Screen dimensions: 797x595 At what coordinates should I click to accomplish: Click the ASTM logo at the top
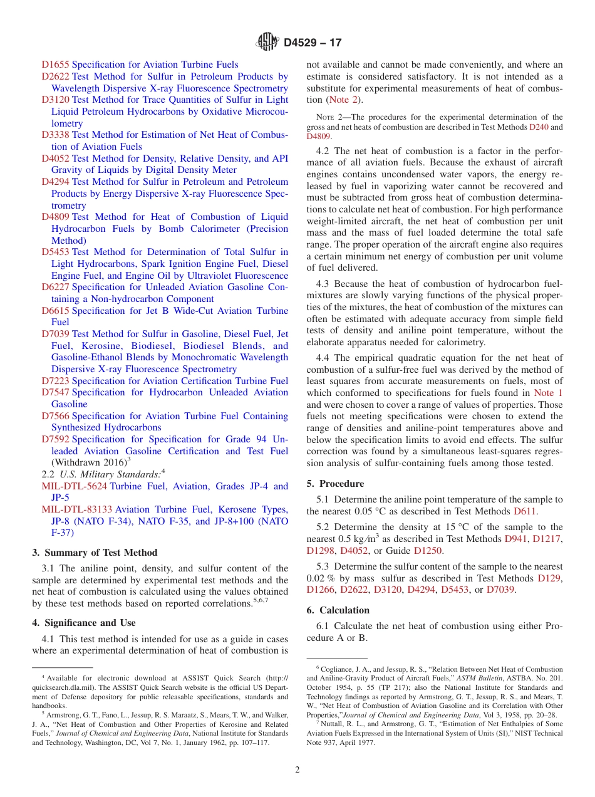(267, 43)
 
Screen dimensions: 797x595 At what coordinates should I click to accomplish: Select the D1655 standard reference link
(55, 65)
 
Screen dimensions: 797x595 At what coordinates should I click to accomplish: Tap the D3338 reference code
(55, 135)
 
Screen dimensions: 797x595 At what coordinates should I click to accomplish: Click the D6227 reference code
(55, 287)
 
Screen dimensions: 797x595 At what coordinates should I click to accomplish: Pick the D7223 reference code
(55, 381)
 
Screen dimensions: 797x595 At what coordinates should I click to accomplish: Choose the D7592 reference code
(55, 440)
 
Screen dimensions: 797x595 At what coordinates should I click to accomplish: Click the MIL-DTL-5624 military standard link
(74, 486)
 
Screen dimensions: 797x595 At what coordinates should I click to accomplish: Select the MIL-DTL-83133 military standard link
(76, 510)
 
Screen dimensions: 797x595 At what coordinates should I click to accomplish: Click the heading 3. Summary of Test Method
(95, 553)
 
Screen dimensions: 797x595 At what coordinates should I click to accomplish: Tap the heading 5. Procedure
(335, 484)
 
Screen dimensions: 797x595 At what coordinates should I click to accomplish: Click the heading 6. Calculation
(338, 610)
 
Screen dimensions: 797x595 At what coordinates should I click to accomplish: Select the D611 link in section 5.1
(524, 511)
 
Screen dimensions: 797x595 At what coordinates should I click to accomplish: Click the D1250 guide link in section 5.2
(427, 551)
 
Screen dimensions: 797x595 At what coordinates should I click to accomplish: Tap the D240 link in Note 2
(537, 127)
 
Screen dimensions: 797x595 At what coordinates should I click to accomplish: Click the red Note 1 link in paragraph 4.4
(547, 393)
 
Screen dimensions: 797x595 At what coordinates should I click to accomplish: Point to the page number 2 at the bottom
(297, 770)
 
